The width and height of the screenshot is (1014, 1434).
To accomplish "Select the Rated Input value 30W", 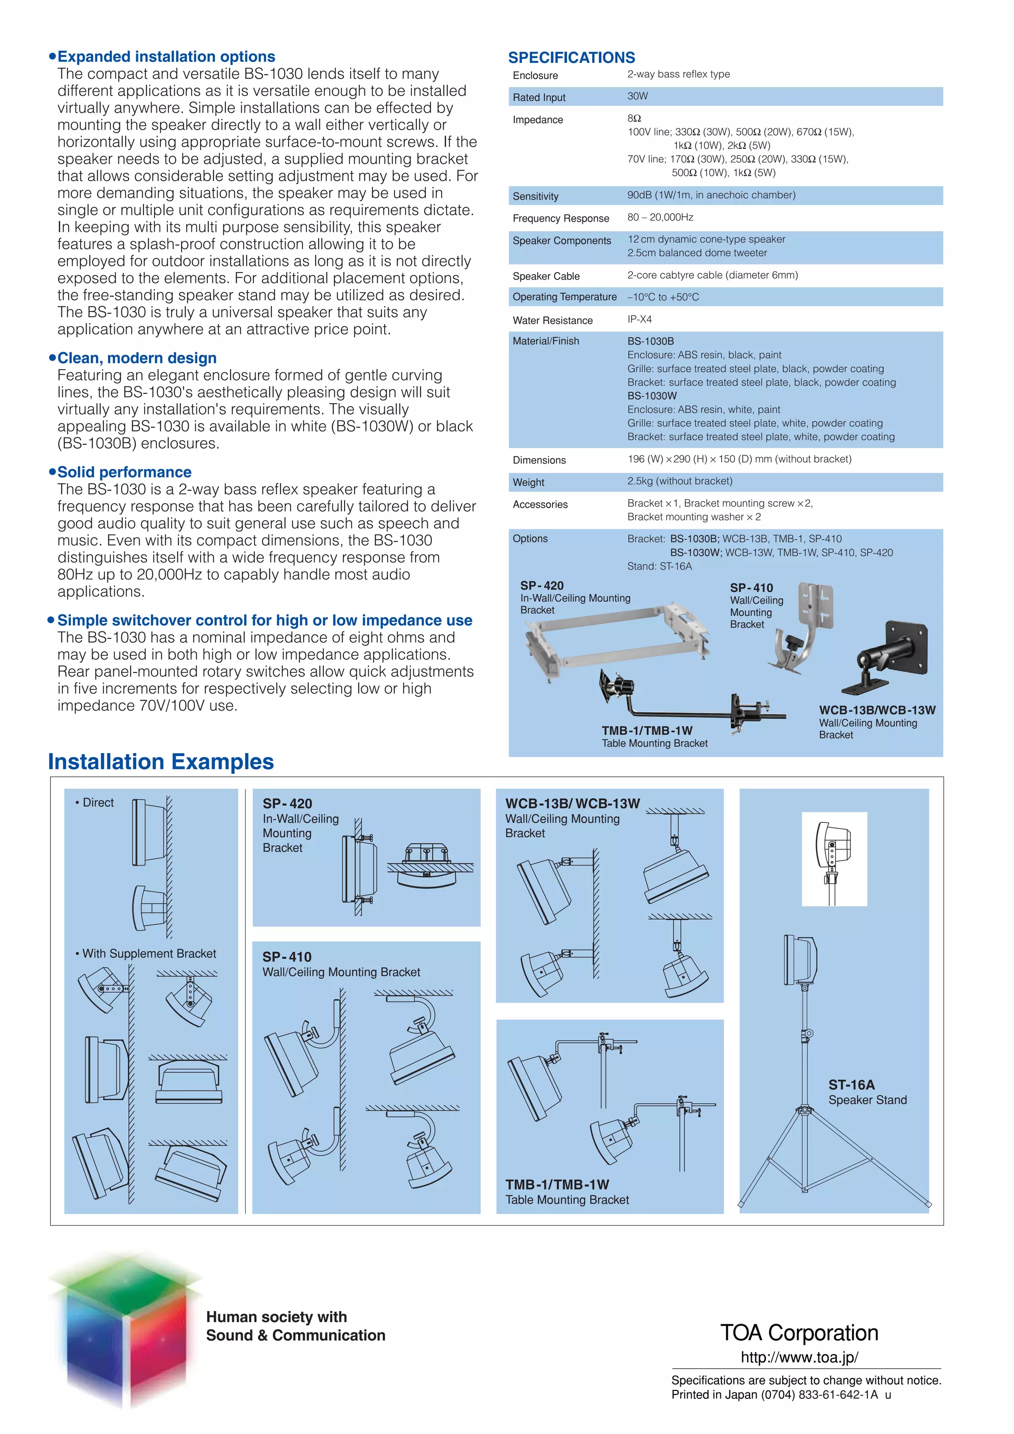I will coord(637,96).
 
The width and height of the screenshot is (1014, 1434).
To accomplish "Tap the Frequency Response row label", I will coord(560,218).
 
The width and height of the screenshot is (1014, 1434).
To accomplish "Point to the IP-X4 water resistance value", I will coord(639,319).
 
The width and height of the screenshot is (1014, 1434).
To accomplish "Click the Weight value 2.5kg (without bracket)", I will coord(679,481).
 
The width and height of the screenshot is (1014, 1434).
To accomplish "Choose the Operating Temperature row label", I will coord(564,297).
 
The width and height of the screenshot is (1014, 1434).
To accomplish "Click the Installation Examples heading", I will coord(160,762).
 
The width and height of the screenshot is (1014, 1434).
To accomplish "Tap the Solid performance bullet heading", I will coord(124,472).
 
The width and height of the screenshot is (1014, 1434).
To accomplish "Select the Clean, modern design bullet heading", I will coord(136,358).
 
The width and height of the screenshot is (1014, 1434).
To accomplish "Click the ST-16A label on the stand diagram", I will coord(851,1085).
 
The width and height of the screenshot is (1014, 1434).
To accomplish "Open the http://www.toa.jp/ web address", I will coord(799,1357).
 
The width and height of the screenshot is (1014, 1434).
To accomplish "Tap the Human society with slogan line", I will coord(276,1317).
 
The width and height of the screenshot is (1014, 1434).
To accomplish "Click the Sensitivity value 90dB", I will coord(710,195).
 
